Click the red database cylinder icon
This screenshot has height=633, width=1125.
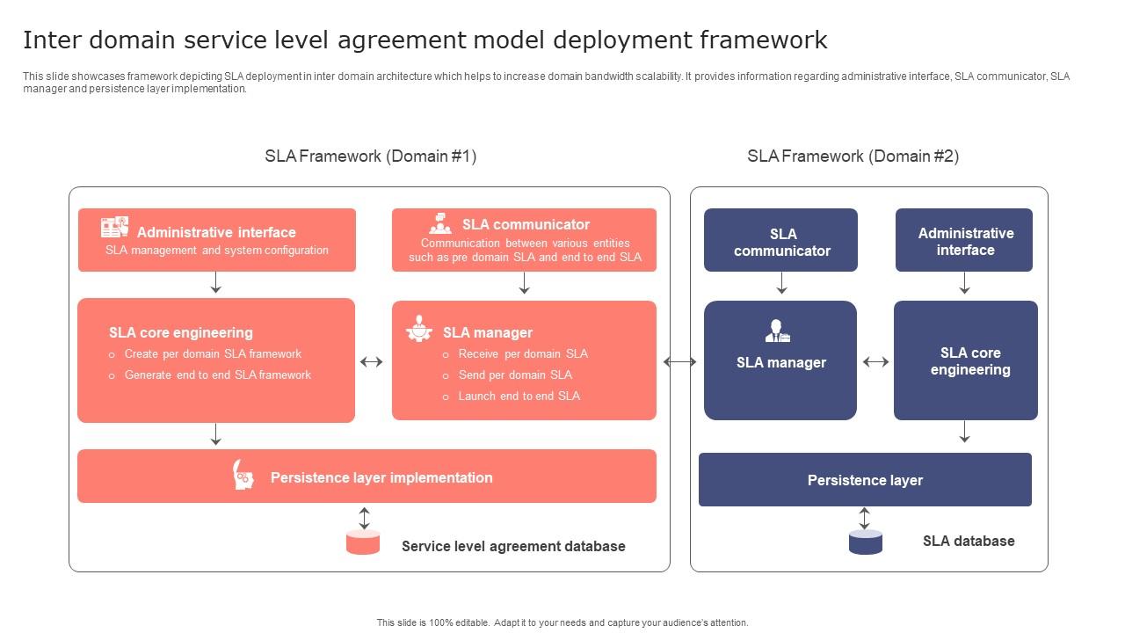click(363, 542)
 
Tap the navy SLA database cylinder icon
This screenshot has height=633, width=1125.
click(865, 542)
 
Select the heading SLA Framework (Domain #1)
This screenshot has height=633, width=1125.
click(370, 156)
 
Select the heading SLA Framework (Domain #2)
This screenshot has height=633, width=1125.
click(853, 156)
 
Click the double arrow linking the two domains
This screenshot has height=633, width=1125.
click(679, 361)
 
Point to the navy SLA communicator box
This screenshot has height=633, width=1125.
click(780, 241)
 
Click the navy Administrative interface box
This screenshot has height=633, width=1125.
click(964, 241)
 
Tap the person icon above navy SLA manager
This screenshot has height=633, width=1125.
click(777, 331)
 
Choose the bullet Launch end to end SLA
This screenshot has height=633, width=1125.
click(519, 397)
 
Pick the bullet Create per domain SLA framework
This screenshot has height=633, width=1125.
click(213, 354)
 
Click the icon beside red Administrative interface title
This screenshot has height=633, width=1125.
click(114, 227)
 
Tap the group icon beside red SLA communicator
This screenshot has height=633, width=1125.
click(440, 223)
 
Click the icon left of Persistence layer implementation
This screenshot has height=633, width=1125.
click(243, 476)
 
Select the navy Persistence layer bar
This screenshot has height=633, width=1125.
click(865, 480)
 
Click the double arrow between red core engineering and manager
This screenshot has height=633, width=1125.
click(372, 361)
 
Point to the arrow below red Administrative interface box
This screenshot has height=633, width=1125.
click(215, 283)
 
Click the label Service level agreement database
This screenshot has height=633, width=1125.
click(513, 547)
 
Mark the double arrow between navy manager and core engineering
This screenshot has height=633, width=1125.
click(875, 361)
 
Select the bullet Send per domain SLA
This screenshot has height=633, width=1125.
click(515, 375)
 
